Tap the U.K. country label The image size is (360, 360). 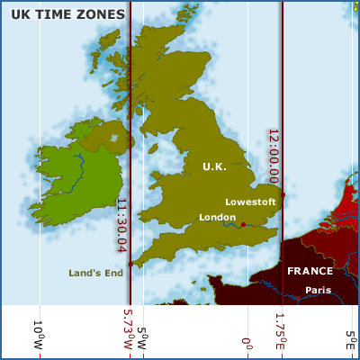tap(214, 166)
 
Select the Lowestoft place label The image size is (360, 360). tap(250, 202)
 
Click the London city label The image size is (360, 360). tap(217, 218)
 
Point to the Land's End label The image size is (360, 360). tap(94, 273)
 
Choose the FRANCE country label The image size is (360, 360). tap(310, 271)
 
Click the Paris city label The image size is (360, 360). tap(318, 290)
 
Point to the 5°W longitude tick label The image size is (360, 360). tap(141, 330)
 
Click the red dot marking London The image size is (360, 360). tap(243, 224)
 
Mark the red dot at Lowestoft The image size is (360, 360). tap(283, 194)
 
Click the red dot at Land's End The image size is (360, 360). tap(131, 264)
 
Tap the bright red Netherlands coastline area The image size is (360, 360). tap(344, 207)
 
